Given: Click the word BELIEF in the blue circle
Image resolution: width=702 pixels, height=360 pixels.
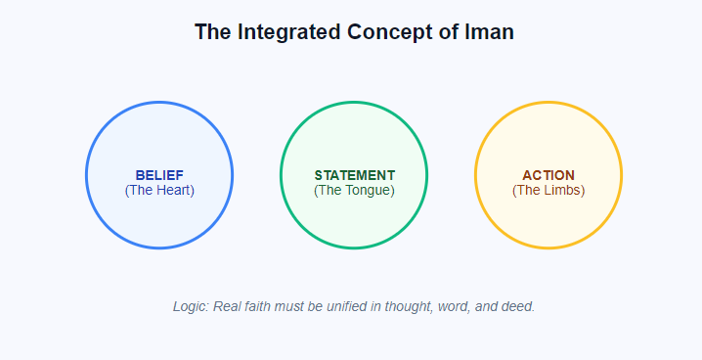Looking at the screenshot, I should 159,175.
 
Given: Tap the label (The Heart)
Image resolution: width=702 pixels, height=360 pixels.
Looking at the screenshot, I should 159,190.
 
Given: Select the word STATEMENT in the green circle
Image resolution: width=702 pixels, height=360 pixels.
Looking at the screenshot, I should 354,175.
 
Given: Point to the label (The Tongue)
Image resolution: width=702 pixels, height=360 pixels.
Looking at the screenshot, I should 354,190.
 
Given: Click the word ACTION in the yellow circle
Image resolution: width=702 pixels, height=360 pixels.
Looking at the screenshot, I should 548,175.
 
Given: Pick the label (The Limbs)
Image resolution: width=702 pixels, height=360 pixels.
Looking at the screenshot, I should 548,190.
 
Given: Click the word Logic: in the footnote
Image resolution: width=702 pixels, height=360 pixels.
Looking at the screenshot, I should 192,306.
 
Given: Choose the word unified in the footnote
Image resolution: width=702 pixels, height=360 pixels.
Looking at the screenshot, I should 342,306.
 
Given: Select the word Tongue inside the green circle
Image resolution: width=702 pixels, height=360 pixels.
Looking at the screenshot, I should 366,190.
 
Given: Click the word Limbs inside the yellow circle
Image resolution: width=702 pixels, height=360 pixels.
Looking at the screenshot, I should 561,190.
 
